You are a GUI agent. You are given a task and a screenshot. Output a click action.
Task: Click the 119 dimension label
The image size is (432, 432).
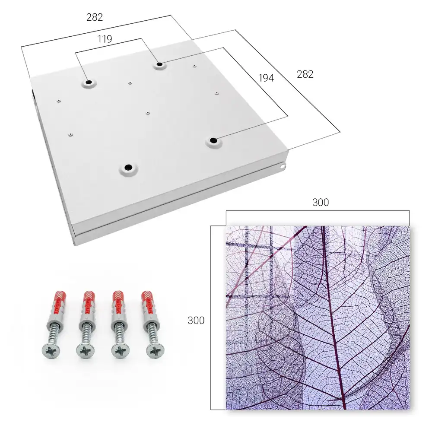105,39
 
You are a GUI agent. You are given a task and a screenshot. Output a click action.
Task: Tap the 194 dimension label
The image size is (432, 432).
266,78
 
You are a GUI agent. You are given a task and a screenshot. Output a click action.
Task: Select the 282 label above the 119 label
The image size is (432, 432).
95,17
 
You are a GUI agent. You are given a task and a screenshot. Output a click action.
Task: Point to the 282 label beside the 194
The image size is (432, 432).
305,74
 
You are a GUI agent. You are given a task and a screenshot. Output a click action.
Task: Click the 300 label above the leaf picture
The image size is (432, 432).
321,203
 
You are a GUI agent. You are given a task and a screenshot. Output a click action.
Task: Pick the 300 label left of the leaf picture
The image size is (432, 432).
196,321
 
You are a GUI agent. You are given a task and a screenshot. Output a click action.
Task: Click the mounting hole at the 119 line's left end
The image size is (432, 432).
89,83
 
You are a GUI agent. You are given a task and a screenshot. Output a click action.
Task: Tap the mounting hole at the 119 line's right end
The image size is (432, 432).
159,65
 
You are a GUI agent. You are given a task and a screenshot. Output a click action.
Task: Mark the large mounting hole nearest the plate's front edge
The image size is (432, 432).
128,168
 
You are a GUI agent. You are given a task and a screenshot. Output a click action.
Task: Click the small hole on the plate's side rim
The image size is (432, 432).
282,166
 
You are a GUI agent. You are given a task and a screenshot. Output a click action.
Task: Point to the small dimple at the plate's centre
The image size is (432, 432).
148,113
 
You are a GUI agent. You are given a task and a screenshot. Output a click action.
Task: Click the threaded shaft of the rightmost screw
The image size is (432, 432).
152,334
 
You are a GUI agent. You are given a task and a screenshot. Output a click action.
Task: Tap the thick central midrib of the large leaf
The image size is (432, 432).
334,317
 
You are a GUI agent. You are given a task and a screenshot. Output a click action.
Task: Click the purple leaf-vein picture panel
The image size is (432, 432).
318,318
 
